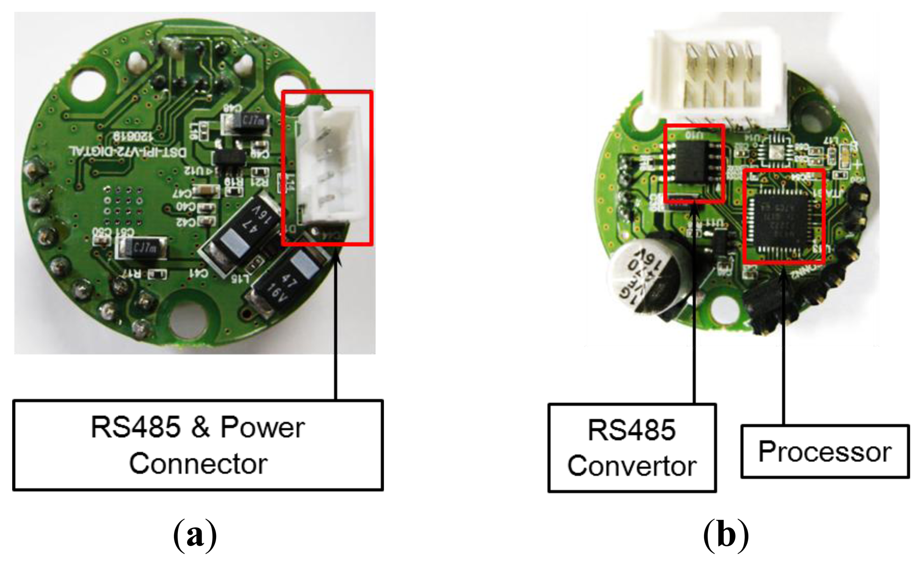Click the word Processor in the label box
pos(824,452)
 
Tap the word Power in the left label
pos(262,427)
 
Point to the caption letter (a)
pos(195,535)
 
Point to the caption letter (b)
pos(726,535)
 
